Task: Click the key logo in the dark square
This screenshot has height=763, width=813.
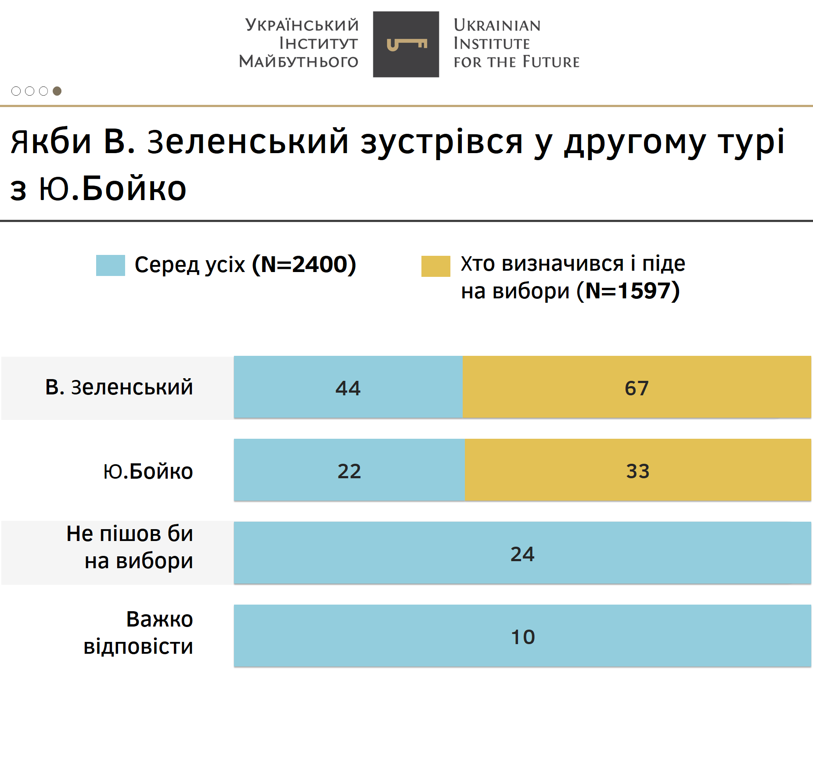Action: (x=406, y=44)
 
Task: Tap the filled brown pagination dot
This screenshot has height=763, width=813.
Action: (x=57, y=91)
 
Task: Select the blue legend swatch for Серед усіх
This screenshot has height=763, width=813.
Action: (x=110, y=265)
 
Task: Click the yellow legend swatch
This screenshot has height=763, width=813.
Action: (x=435, y=266)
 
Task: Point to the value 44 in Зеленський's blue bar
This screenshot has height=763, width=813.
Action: (x=348, y=388)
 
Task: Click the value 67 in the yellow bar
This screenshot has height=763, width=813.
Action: (x=637, y=388)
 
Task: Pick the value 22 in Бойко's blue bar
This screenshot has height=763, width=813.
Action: (x=349, y=471)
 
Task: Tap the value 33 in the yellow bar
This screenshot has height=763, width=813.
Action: (x=637, y=471)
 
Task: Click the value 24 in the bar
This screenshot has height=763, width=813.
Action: (x=522, y=554)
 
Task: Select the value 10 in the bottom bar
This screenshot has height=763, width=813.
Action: (x=523, y=637)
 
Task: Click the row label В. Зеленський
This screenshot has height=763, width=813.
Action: (x=119, y=387)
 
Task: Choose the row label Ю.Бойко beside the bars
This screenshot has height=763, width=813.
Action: (x=148, y=471)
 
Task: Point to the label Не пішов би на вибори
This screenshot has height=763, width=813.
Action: (x=130, y=547)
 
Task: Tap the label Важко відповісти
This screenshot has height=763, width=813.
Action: (x=138, y=633)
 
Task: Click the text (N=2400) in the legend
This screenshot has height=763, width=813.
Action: (x=304, y=265)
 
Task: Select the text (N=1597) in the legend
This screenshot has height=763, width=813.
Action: (x=628, y=291)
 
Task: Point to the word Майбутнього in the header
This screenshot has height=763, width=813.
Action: (x=299, y=61)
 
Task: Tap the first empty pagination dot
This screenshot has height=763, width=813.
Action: (x=16, y=91)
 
